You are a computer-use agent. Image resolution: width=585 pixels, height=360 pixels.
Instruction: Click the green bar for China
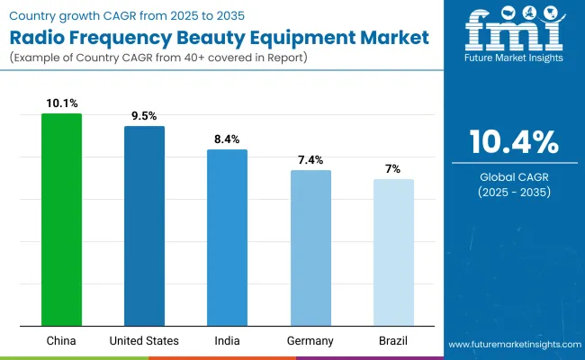point(61,220)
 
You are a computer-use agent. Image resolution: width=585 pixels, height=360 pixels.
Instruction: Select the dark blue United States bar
point(144,226)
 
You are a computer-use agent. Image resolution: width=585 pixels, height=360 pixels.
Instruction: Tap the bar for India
point(227,238)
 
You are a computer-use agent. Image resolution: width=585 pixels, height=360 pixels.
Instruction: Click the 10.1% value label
point(61,103)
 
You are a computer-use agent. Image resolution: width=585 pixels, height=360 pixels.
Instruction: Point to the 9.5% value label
point(144,116)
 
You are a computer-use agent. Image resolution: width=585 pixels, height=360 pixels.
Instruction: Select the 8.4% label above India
point(227,139)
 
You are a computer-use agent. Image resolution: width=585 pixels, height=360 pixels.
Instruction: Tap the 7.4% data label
point(310,159)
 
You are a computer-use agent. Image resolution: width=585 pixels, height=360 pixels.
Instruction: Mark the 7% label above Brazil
point(393,168)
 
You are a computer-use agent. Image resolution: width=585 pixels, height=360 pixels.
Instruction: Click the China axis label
point(61,340)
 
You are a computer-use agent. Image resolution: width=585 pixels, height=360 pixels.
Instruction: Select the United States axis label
point(144,340)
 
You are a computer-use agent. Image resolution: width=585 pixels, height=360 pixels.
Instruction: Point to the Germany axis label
point(310,340)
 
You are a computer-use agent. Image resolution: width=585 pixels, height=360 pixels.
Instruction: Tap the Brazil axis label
point(393,340)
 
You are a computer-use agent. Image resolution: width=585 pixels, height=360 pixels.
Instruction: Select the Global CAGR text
point(513,176)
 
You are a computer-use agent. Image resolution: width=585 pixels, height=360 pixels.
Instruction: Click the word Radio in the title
point(41,38)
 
